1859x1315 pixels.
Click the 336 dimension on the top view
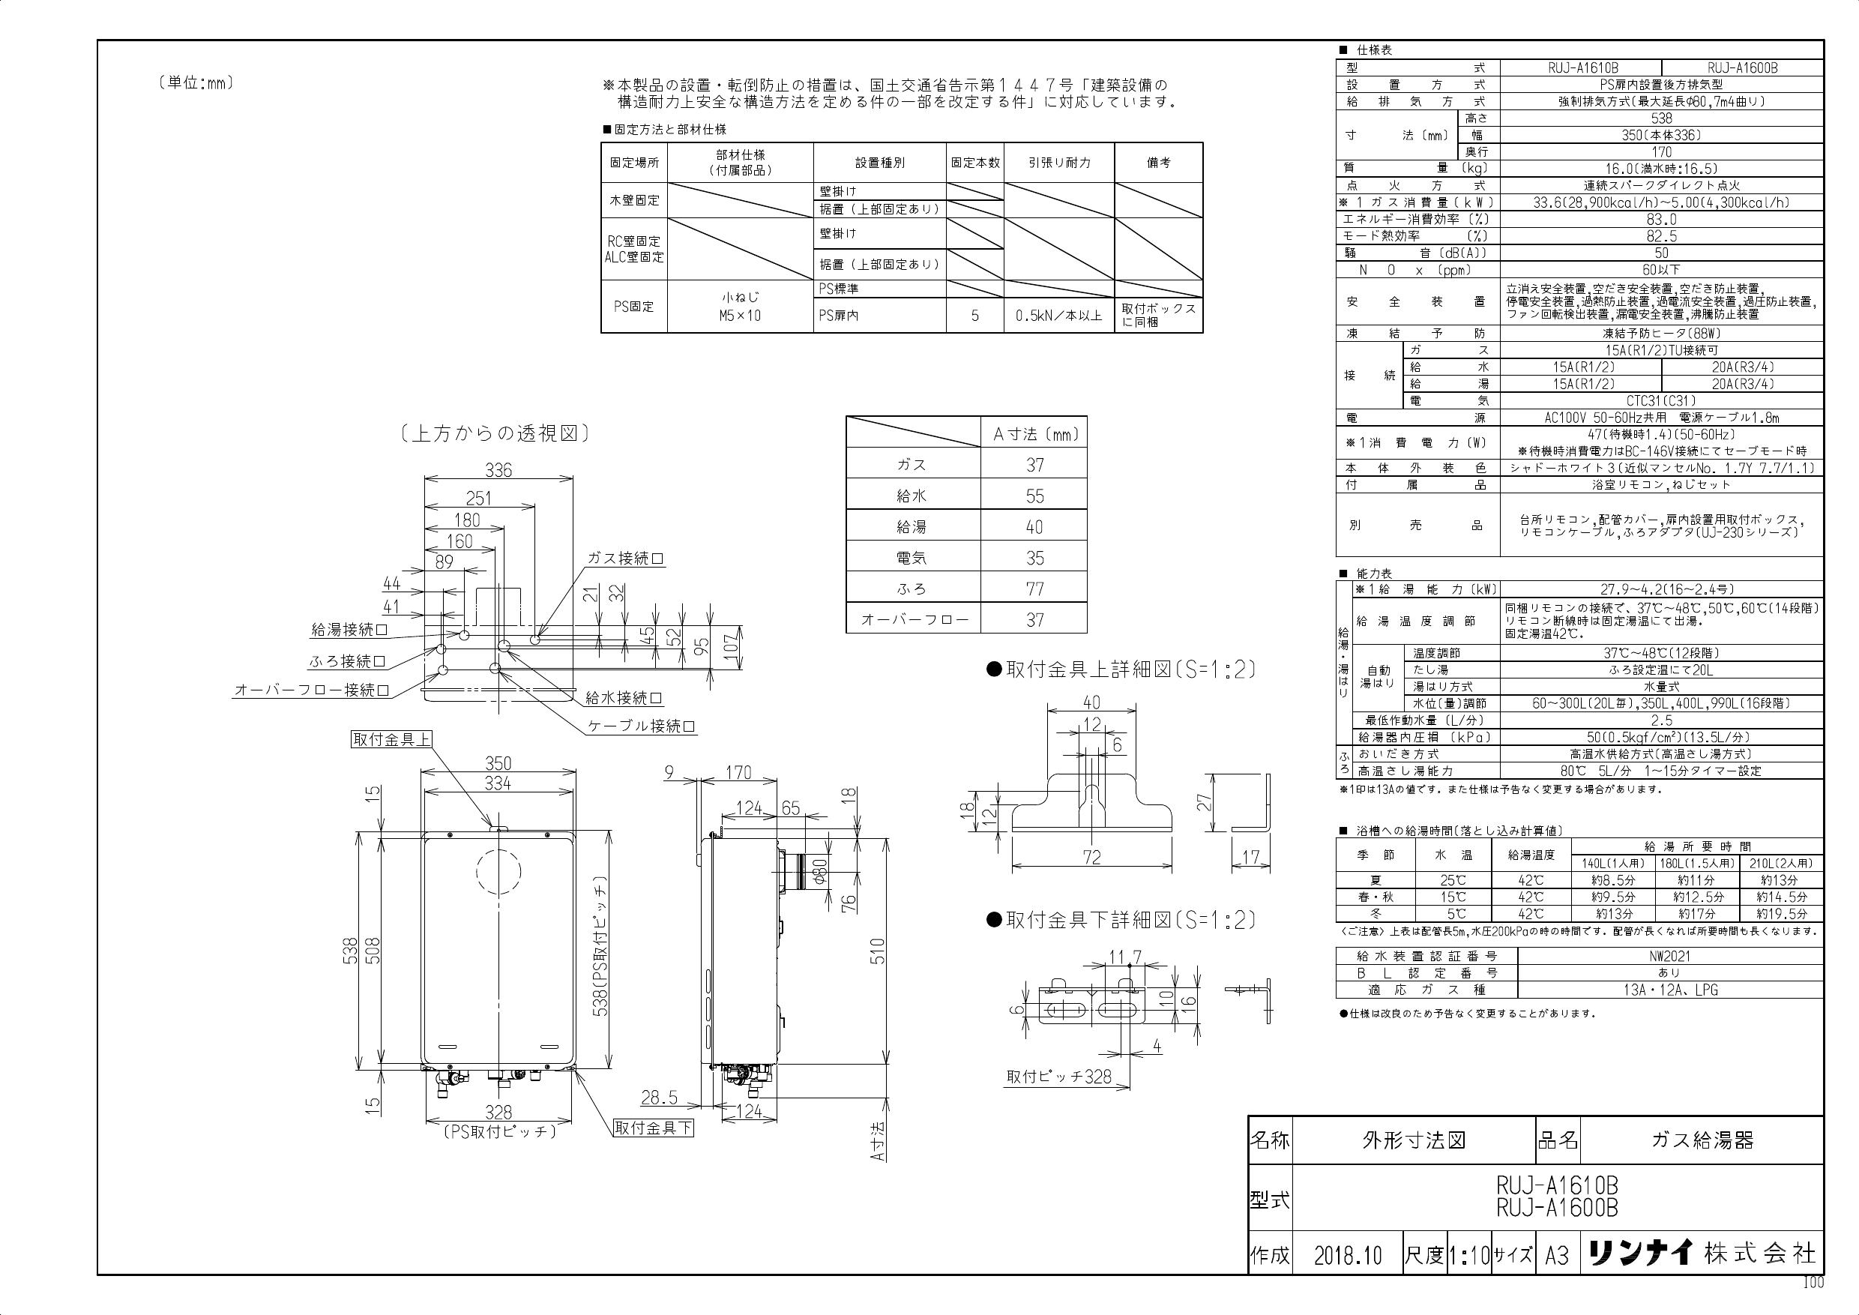(x=498, y=469)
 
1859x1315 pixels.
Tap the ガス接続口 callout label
(x=626, y=559)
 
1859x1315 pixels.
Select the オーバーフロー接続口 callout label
(x=312, y=690)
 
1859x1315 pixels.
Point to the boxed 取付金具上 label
(x=391, y=739)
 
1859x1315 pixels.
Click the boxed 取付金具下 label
(x=654, y=1128)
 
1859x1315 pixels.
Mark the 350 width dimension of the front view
(x=498, y=763)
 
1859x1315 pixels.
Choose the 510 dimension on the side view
(x=878, y=951)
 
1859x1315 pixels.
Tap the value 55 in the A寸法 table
(x=1034, y=496)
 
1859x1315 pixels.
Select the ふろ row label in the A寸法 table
(x=912, y=589)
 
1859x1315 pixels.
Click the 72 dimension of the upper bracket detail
(x=1091, y=857)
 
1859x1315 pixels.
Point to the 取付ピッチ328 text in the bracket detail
(x=1059, y=1076)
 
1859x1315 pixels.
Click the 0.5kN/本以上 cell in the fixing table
(x=1059, y=316)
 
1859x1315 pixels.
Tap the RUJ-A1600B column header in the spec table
(x=1742, y=68)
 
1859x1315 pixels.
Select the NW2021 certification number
(x=1669, y=955)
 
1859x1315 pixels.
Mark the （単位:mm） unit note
(x=196, y=82)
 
